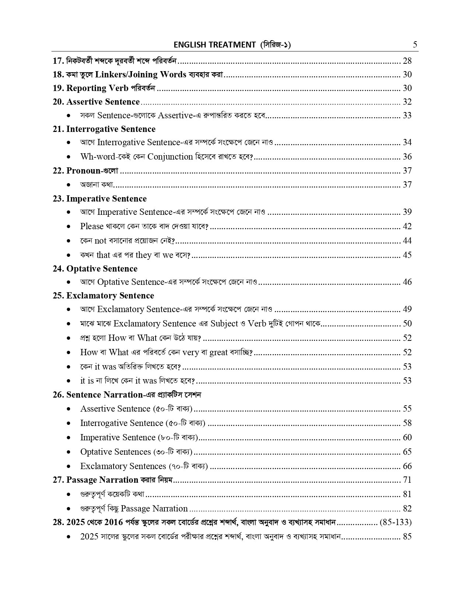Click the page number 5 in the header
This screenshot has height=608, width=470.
coord(415,45)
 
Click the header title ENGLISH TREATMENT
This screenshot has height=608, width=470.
coord(215,45)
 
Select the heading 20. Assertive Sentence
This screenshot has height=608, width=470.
coord(96,102)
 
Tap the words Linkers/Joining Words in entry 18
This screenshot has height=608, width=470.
coord(140,74)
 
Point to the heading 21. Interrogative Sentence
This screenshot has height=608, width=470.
coord(104,129)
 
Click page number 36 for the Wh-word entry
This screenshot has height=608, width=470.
coord(407,157)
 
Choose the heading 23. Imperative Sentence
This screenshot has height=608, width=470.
coord(100,199)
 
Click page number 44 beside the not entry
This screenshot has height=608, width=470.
coord(407,241)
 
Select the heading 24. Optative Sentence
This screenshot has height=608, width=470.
coord(95,269)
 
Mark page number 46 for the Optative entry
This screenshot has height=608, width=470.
coord(407,282)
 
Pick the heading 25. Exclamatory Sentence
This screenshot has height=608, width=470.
coord(103,296)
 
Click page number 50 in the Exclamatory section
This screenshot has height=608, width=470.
coord(407,324)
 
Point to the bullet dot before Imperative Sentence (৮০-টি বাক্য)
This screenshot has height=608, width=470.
coord(69,438)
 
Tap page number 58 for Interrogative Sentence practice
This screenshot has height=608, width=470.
coord(407,423)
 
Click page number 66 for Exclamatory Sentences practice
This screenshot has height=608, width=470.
coord(407,466)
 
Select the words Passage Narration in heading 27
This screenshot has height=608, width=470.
coord(102,480)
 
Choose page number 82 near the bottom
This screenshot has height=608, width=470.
coord(407,509)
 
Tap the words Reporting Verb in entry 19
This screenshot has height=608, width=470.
coord(97,88)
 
